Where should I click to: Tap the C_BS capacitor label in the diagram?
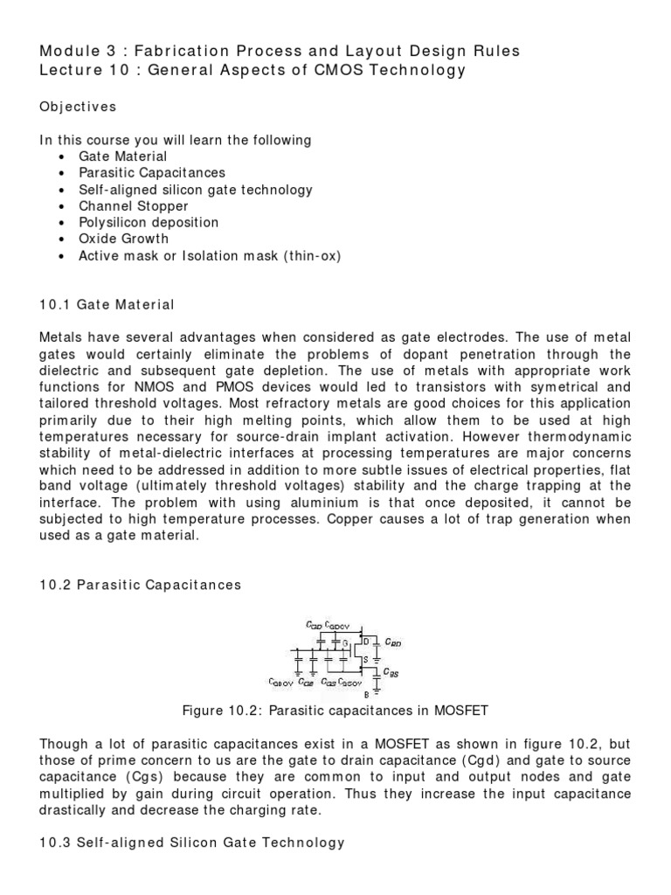click(394, 674)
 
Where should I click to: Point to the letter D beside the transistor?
click(365, 642)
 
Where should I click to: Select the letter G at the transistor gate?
click(345, 643)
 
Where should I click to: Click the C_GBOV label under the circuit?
click(280, 682)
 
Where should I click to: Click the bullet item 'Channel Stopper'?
click(133, 205)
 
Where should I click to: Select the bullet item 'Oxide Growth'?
click(123, 239)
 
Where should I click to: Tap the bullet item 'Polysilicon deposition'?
click(149, 222)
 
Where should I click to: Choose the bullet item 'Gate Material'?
click(122, 156)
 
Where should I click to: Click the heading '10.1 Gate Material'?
click(107, 305)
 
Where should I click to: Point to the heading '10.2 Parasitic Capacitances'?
click(140, 585)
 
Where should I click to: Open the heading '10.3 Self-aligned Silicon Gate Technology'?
click(192, 843)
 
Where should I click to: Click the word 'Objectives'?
click(78, 107)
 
